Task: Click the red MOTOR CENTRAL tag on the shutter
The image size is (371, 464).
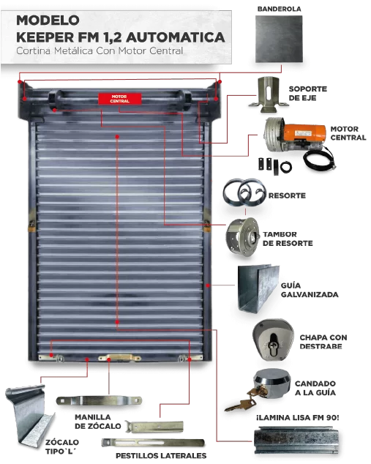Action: click(120, 99)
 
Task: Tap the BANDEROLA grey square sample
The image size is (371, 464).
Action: click(279, 39)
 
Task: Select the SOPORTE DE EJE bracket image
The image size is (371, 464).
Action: click(268, 94)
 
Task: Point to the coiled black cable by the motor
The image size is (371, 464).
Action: click(320, 158)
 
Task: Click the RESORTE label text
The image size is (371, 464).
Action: click(287, 195)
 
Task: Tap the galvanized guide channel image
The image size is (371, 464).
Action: click(258, 288)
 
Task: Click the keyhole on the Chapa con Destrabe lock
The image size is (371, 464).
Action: click(273, 343)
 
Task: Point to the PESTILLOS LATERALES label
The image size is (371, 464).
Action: click(161, 455)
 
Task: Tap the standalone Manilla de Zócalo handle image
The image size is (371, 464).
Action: click(99, 400)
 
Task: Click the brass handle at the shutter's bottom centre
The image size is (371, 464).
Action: click(119, 357)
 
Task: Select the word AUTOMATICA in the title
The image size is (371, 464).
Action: click(176, 37)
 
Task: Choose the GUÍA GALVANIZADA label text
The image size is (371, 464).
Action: click(310, 290)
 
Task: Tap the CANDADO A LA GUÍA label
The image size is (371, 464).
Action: click(315, 388)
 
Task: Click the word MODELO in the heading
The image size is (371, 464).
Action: click(48, 20)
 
